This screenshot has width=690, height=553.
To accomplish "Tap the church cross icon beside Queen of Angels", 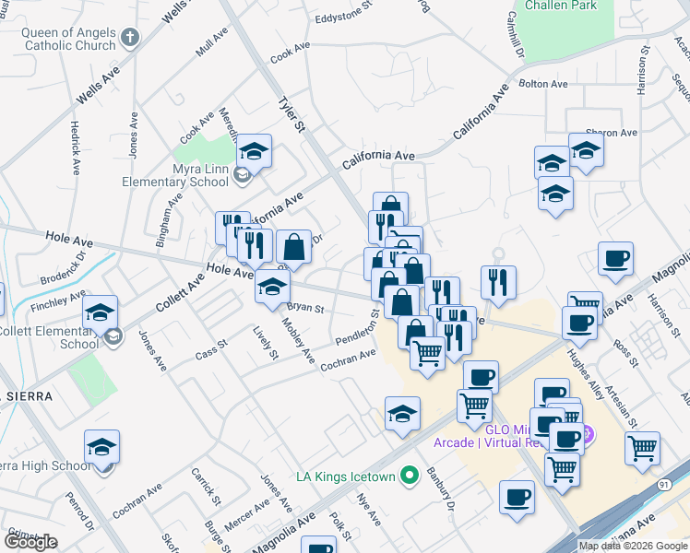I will tap(130, 38).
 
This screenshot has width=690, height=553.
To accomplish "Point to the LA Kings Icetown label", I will tap(345, 477).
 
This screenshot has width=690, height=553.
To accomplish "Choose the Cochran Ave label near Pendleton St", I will tap(348, 360).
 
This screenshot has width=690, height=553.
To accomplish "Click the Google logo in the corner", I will tap(30, 542).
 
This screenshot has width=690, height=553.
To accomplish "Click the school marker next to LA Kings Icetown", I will tap(403, 414).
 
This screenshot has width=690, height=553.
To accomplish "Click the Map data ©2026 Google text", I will tap(633, 546).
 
